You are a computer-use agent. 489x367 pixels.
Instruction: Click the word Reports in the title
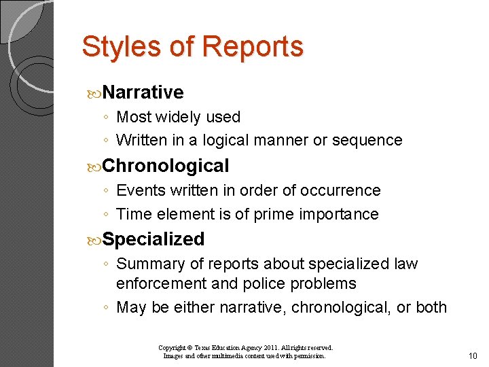pos(252,47)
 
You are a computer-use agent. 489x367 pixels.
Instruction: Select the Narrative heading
pos(144,92)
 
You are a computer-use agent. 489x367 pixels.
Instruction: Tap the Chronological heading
pos(166,166)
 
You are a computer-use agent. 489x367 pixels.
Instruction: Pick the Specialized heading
pos(154,239)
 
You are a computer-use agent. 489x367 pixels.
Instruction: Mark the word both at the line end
pos(431,307)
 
